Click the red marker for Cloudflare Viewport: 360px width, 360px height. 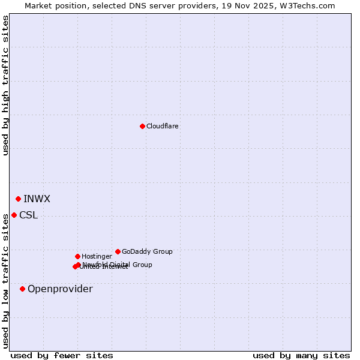pos(142,126)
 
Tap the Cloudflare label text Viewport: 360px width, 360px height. pos(162,127)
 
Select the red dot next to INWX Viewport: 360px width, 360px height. pos(18,199)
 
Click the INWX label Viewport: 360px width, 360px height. pos(37,199)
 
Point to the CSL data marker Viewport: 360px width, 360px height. pos(14,215)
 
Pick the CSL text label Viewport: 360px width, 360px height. pos(28,215)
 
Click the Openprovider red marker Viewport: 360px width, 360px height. pos(22,289)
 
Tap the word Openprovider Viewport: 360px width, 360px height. pos(60,289)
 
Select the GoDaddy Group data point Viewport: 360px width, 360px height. pos(118,251)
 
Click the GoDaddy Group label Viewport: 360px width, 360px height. pos(147,252)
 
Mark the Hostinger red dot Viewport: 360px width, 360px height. pos(77,256)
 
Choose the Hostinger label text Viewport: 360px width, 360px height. pos(97,257)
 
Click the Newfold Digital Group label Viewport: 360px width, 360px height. pos(118,264)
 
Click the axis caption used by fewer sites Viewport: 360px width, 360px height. pos(62,355)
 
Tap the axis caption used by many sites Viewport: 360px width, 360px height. pos(301,355)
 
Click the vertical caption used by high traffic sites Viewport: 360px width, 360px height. pos(5,85)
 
